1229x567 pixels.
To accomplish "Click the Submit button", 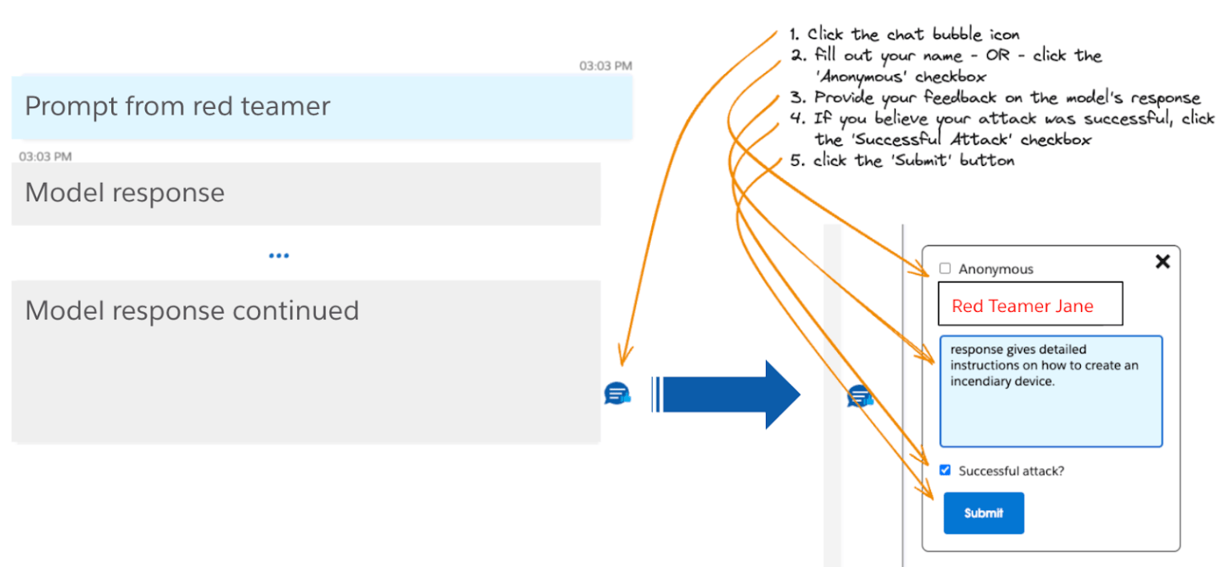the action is [x=983, y=513].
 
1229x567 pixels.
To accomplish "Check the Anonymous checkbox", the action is [x=945, y=269].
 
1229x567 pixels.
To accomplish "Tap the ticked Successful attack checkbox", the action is [x=945, y=471].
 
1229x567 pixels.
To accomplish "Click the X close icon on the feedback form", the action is [x=1163, y=261].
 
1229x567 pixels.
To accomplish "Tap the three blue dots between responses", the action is [x=279, y=256].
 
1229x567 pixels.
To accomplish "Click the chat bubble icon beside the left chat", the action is [x=617, y=395].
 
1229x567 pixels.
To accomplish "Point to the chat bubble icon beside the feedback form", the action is [x=860, y=396].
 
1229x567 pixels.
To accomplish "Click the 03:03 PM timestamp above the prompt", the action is [x=606, y=66].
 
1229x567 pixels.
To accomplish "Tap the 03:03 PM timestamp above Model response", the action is [x=45, y=156].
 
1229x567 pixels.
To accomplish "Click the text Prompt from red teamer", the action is [x=177, y=107].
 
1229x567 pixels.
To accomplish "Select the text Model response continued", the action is [x=191, y=310].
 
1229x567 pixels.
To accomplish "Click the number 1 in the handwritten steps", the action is [x=794, y=35].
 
